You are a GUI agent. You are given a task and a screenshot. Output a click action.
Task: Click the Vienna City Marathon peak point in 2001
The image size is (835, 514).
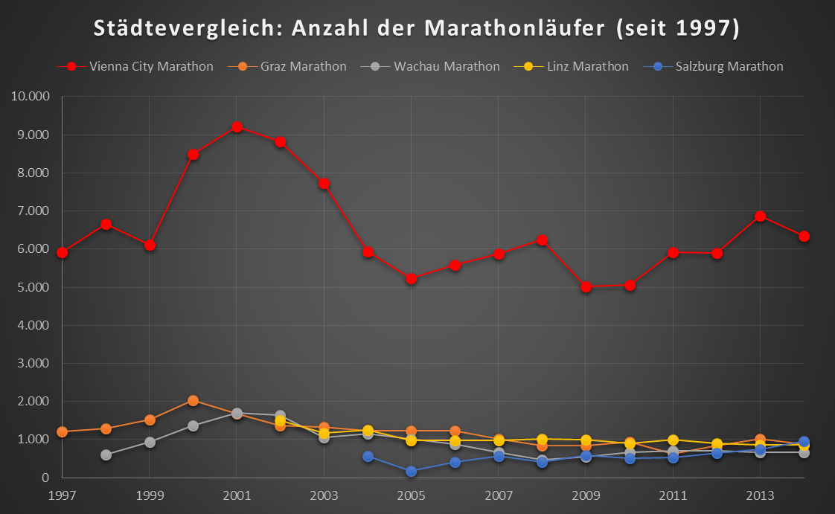coord(237,126)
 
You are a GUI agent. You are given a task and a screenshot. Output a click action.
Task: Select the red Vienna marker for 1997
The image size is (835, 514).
coord(63,252)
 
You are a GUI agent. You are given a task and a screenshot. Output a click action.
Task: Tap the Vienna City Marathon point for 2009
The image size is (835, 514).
coord(586,286)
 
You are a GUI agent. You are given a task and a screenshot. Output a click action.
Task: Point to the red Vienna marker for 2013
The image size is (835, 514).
coord(760,216)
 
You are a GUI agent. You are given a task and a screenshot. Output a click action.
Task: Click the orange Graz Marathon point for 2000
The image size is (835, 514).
coord(193,400)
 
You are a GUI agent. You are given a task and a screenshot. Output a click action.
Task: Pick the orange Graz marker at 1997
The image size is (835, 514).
coord(63,431)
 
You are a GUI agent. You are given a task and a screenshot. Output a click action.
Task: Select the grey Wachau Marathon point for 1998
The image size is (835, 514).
coord(106,454)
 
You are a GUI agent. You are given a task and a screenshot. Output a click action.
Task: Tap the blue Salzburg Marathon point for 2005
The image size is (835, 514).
coord(411,472)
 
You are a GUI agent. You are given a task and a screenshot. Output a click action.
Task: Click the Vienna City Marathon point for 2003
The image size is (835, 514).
coord(324,183)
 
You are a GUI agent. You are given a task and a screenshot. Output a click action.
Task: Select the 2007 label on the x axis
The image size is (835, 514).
coord(498,495)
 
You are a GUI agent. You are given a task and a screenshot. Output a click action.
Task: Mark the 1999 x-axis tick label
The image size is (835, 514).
coord(150,495)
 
